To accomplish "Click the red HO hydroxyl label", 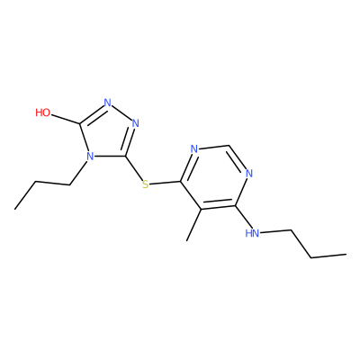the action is [43, 112].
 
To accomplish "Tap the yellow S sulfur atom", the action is [146, 184].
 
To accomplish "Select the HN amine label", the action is [252, 233].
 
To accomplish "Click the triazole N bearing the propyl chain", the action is [89, 157].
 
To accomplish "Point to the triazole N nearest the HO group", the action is [108, 103].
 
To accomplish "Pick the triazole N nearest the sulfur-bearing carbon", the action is [136, 123].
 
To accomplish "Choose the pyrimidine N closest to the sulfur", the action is [194, 148].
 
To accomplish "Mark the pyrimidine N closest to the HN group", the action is [249, 173].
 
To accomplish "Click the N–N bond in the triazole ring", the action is [121, 112].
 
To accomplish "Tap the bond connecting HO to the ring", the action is [66, 119].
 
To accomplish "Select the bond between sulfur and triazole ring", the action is [134, 169].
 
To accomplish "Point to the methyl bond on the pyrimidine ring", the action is [193, 225].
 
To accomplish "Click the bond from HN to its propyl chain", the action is [275, 231].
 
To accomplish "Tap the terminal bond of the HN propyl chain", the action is [328, 256].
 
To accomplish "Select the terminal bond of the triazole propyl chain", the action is [24, 195].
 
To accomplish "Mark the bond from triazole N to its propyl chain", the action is [78, 173].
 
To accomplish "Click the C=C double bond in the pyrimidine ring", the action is [218, 206].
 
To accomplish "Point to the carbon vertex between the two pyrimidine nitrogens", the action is [229, 145].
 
